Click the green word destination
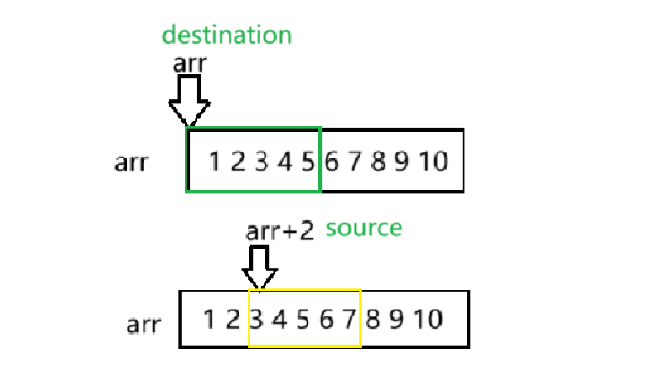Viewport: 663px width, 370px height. [x=226, y=35]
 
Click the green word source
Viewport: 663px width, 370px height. [x=363, y=228]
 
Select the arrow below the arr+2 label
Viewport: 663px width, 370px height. [x=260, y=268]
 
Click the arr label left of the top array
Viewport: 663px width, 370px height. [x=130, y=161]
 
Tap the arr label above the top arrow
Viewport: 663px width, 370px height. [x=189, y=63]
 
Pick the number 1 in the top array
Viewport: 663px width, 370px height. [x=215, y=161]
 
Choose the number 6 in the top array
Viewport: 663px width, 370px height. [x=331, y=161]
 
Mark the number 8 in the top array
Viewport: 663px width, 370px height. [x=379, y=161]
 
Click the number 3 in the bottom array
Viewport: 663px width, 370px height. [x=256, y=320]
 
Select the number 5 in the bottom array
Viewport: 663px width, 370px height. [x=302, y=320]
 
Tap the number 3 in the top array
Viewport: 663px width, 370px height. [x=261, y=161]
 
